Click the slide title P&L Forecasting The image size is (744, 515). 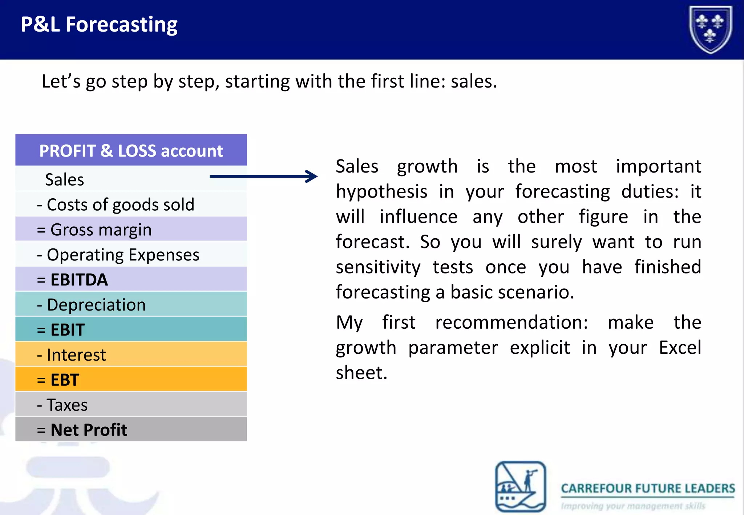click(x=99, y=25)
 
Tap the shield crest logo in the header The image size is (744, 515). click(x=711, y=29)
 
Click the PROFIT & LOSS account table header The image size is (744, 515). click(x=131, y=151)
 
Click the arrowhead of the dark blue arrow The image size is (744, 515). click(x=312, y=177)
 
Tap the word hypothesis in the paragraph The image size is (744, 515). click(x=381, y=191)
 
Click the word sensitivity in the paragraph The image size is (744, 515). click(x=378, y=267)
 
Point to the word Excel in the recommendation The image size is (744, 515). click(x=680, y=348)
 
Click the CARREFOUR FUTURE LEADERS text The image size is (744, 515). click(x=648, y=488)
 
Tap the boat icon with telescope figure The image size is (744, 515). click(x=521, y=486)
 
